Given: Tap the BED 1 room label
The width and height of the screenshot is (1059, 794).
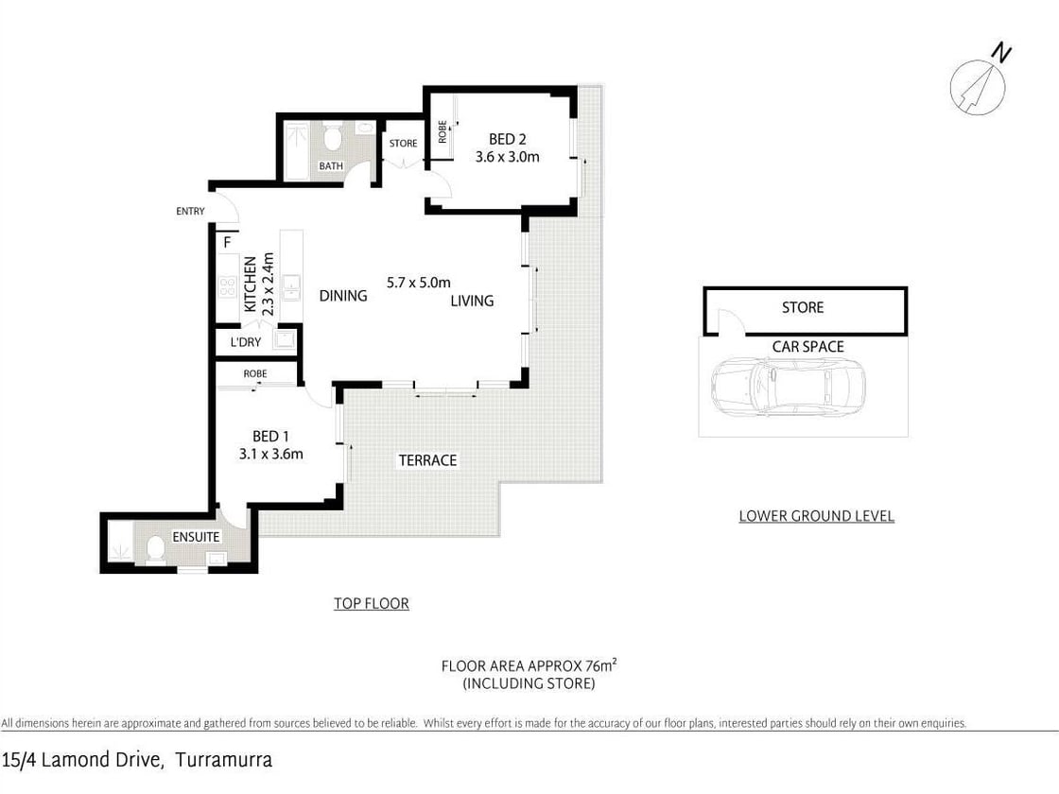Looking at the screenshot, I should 270,437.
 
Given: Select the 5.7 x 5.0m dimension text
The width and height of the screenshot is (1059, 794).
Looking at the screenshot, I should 419,282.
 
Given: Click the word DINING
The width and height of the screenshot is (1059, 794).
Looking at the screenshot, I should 342,296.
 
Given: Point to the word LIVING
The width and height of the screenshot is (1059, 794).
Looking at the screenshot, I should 472,301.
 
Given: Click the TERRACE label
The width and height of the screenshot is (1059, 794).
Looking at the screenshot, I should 427,460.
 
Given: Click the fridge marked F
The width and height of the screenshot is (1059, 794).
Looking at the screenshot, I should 227,242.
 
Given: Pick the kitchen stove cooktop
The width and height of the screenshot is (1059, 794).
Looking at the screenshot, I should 227,285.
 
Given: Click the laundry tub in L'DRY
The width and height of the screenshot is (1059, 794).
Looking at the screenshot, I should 285,340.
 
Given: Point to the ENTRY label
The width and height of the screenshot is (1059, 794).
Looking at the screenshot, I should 190,211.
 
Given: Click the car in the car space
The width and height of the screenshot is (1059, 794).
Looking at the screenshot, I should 788,388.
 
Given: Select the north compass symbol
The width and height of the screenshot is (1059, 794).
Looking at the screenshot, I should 979,85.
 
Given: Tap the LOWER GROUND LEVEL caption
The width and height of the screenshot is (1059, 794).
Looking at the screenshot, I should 816,516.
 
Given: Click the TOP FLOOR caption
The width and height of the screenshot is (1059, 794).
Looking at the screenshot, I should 371,603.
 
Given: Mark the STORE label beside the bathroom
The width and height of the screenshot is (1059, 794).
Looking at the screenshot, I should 403,144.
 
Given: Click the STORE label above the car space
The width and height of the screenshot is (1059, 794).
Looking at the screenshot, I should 802,307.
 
